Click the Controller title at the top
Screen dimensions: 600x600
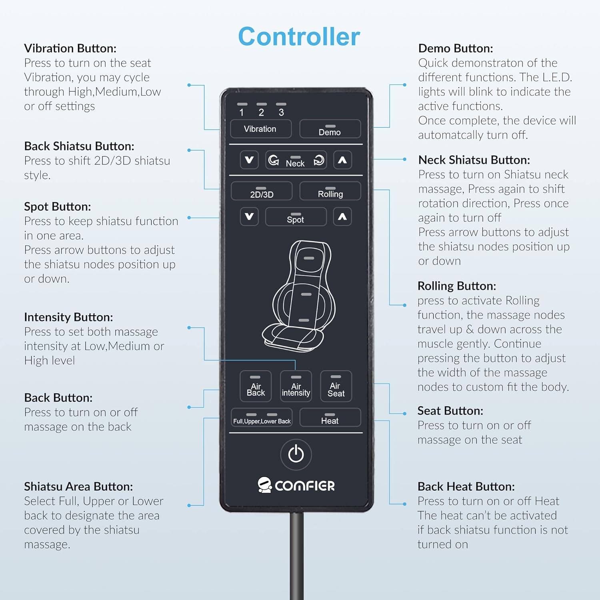(299, 36)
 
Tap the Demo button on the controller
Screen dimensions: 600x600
(330, 129)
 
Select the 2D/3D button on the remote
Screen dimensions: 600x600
(262, 192)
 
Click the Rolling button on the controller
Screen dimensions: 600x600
(330, 192)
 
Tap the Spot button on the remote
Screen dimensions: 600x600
(296, 217)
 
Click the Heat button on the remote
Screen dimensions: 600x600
(330, 418)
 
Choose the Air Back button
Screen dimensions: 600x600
(256, 386)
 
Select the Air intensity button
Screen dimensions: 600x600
(296, 386)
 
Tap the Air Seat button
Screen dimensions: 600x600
(336, 386)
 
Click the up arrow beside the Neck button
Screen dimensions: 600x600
(342, 160)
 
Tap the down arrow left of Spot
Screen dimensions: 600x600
(249, 217)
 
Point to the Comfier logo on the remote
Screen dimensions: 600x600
(296, 485)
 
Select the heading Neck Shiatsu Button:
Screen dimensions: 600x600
(474, 160)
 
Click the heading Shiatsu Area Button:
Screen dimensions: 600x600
(78, 486)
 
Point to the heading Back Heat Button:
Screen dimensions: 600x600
(466, 486)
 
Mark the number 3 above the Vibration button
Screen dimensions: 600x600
(281, 112)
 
